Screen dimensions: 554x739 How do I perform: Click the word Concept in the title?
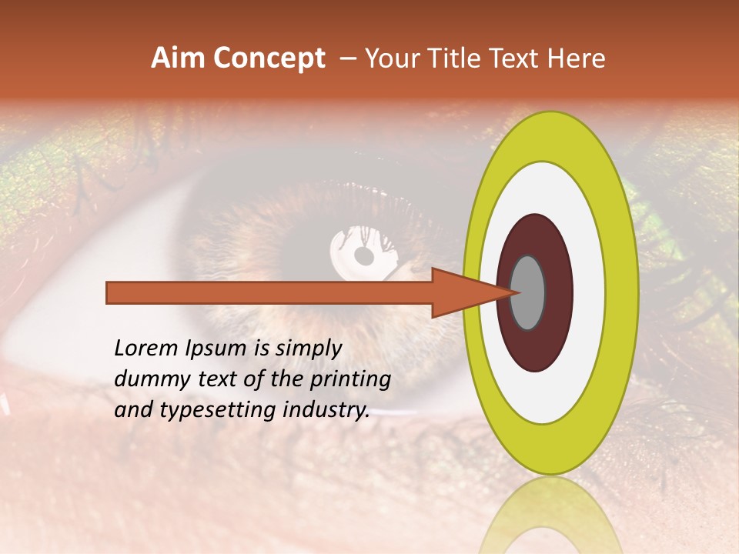coord(269,58)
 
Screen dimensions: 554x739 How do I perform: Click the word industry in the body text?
coord(326,410)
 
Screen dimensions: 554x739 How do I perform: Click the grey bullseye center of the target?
coord(528,292)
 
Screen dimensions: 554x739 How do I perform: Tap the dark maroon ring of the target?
coord(558,292)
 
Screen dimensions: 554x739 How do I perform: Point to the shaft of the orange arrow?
coord(269,293)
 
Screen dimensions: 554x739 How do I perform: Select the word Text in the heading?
coord(520,58)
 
